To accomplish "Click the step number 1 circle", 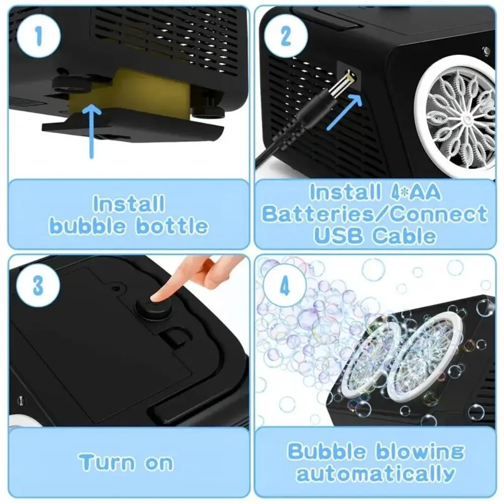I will coord(38,35).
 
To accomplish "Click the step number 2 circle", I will coord(286,35).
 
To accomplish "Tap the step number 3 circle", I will coord(38,286).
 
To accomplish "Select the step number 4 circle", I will coord(285,286).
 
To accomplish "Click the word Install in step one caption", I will coord(129,204).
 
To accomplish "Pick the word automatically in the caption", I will coord(375,474).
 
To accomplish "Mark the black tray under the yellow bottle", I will coord(134,126).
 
